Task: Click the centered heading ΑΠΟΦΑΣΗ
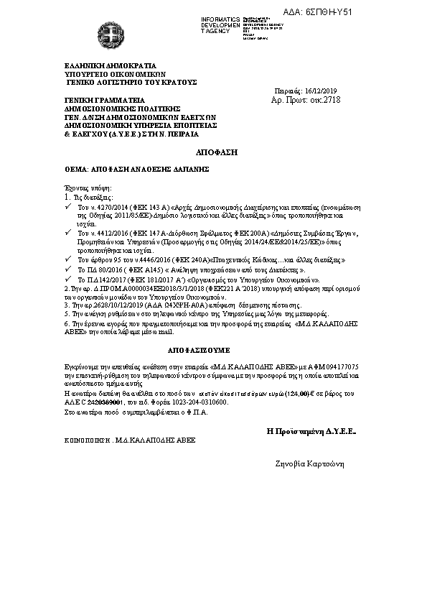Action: click(212, 154)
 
